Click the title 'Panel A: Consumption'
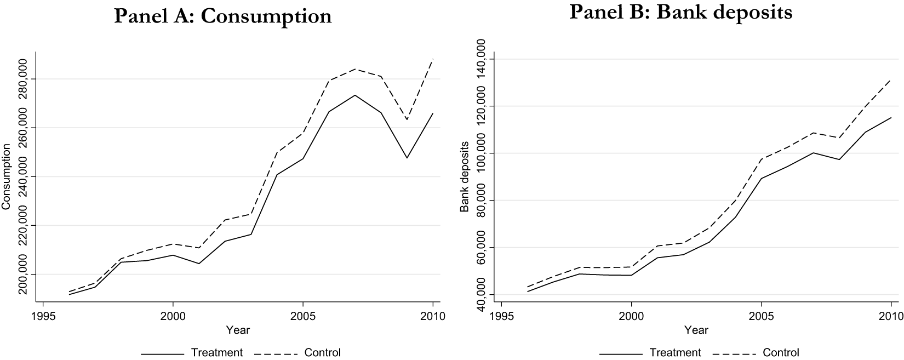(223, 16)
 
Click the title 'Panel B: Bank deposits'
(681, 13)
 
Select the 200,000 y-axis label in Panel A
(24, 274)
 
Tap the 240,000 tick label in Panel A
(24, 177)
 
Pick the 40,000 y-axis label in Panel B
(482, 294)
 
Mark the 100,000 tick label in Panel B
(482, 153)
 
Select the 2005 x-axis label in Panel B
(761, 316)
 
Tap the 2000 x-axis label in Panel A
(173, 316)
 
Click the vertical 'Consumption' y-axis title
(6, 177)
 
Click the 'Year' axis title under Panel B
(696, 330)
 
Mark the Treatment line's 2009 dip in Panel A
(407, 157)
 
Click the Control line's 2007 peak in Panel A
(354, 69)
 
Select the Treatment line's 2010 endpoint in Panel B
(891, 117)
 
